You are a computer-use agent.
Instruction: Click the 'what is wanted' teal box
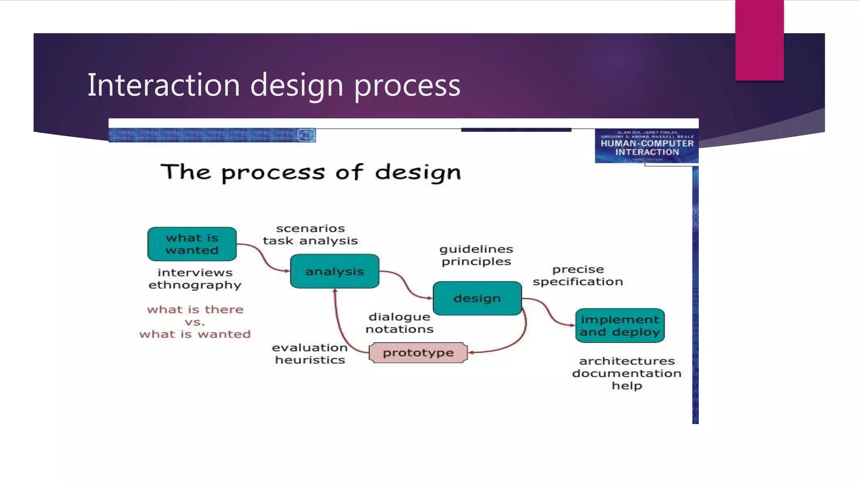pyautogui.click(x=192, y=244)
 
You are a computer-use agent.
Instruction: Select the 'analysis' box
pyautogui.click(x=334, y=271)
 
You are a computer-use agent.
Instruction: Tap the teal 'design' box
pyautogui.click(x=477, y=298)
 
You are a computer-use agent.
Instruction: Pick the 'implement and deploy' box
pyautogui.click(x=620, y=325)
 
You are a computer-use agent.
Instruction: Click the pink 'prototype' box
pyautogui.click(x=418, y=353)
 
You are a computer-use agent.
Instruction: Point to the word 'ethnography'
pyautogui.click(x=195, y=285)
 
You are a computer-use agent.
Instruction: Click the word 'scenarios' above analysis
pyautogui.click(x=310, y=229)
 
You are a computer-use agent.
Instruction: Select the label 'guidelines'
pyautogui.click(x=476, y=249)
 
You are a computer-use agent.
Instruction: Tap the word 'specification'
pyautogui.click(x=578, y=281)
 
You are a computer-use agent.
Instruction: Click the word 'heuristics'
pyautogui.click(x=310, y=360)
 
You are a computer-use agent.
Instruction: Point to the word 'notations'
pyautogui.click(x=399, y=329)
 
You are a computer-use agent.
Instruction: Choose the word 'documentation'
pyautogui.click(x=627, y=373)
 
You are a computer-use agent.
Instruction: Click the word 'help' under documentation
pyautogui.click(x=627, y=386)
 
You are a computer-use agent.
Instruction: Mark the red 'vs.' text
pyautogui.click(x=195, y=322)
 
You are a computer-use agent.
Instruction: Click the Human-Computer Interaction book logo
pyautogui.click(x=647, y=145)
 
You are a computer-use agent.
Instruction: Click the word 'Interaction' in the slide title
pyautogui.click(x=164, y=85)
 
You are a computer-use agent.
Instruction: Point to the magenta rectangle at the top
pyautogui.click(x=759, y=40)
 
